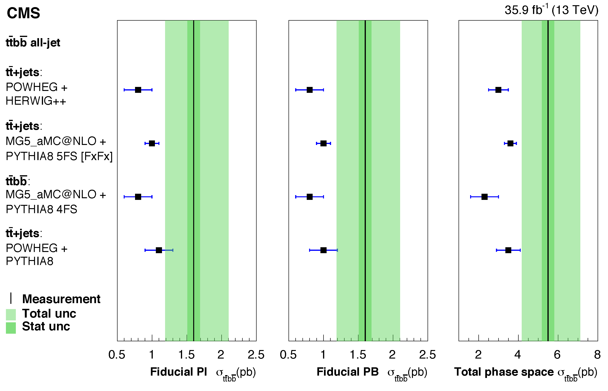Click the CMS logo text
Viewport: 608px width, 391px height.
[23, 13]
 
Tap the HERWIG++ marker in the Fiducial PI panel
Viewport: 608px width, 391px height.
[138, 90]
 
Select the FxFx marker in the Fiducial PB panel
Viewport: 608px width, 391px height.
[323, 144]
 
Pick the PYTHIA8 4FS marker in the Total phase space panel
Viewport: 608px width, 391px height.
[484, 197]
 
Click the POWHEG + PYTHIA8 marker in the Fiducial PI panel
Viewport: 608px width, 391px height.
[159, 250]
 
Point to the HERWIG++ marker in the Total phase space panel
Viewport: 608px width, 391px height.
[498, 90]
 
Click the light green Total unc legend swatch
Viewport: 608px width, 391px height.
[11, 315]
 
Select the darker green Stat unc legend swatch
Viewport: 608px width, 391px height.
[11, 328]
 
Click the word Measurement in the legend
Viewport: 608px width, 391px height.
[61, 299]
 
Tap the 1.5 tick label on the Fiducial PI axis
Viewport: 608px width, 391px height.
[186, 355]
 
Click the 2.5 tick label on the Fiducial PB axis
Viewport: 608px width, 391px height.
[428, 355]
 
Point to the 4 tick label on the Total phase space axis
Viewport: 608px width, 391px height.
[517, 355]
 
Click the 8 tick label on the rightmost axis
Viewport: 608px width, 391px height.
[597, 355]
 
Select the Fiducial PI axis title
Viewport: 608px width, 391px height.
[179, 372]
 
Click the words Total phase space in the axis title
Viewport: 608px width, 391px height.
[504, 372]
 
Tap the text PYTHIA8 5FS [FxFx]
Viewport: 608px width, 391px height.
[59, 156]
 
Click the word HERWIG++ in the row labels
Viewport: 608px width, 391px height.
[36, 101]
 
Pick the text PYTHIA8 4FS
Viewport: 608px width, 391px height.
[41, 209]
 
